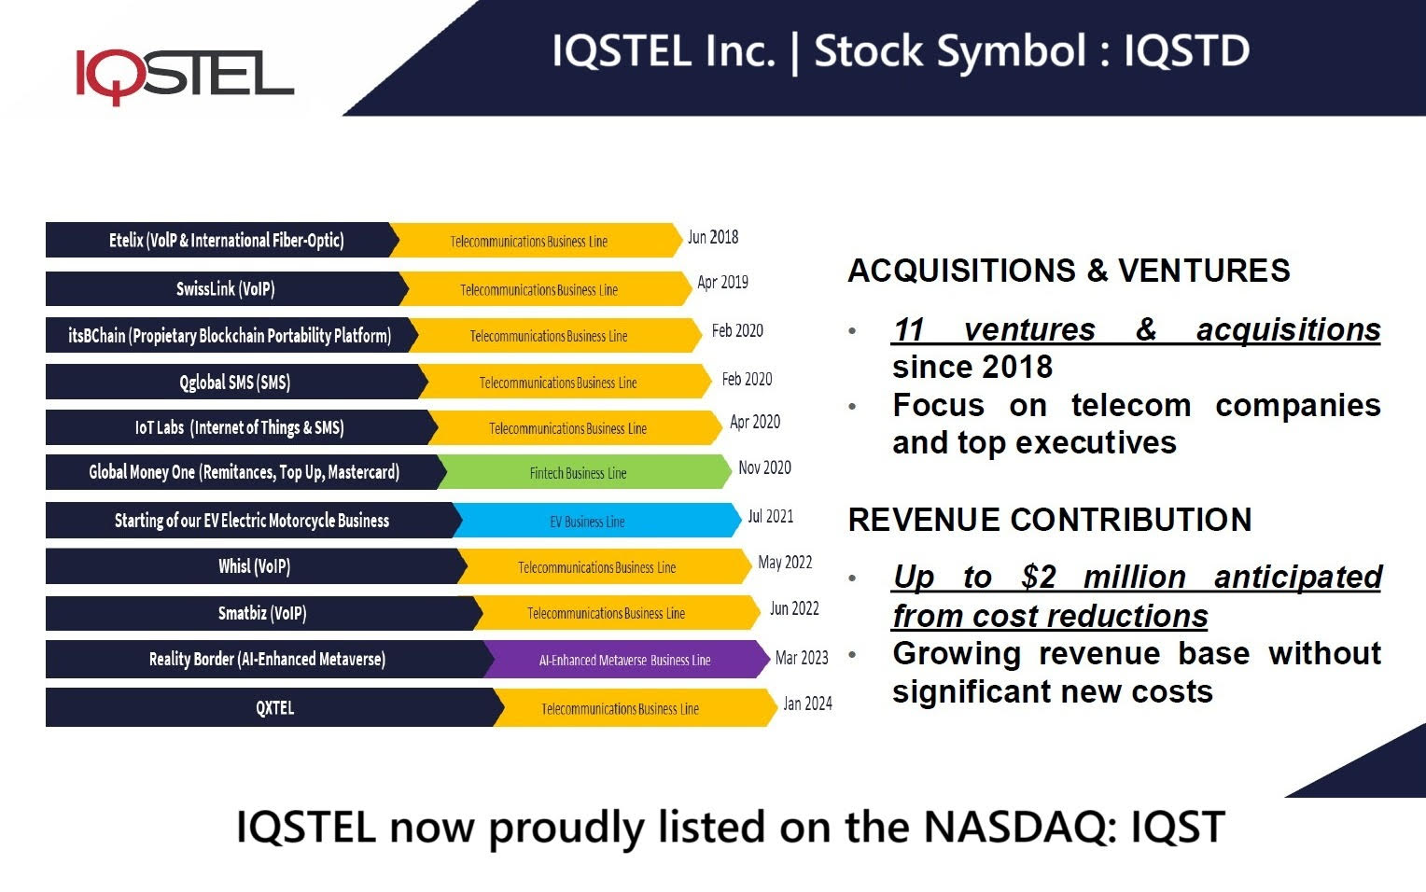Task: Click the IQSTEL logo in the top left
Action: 184,74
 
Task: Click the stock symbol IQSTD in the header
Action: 1186,51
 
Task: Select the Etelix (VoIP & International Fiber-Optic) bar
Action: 226,241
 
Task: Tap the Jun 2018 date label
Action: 713,238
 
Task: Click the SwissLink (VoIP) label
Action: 226,289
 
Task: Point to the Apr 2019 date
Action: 722,283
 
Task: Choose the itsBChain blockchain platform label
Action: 230,336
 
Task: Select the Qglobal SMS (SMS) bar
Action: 234,383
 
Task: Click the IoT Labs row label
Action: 239,428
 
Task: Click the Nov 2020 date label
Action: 764,467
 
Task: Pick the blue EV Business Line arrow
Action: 588,522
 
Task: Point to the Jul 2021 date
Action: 770,516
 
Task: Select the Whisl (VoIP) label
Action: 254,566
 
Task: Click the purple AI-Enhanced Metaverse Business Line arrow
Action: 624,660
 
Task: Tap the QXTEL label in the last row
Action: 274,708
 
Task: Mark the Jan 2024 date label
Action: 807,704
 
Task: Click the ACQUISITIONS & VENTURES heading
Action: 1069,271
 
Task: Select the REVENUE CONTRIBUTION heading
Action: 1049,520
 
